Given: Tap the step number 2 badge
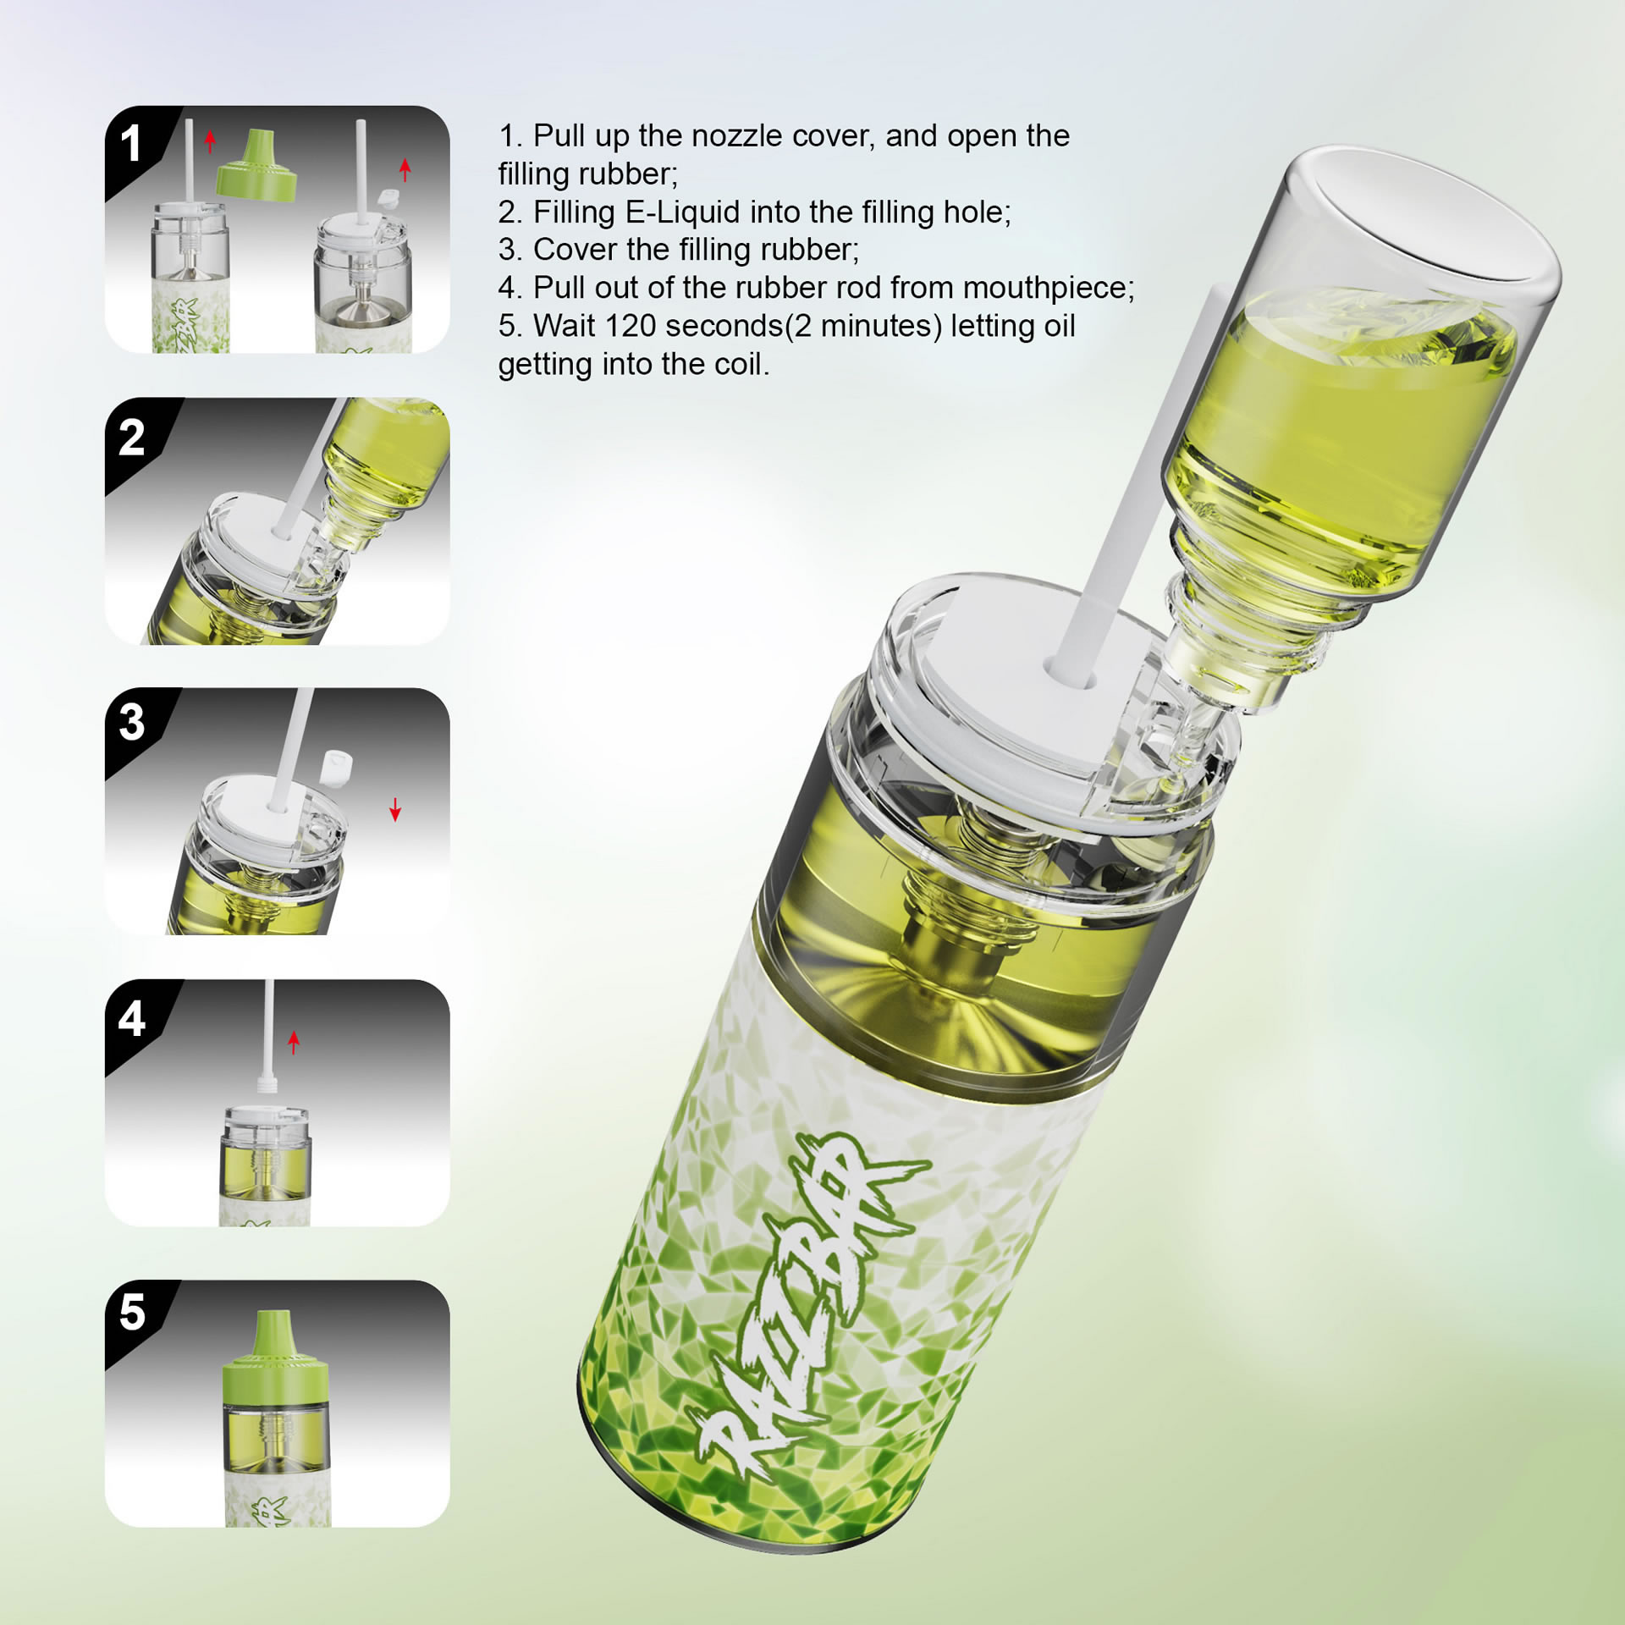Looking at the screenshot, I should (x=131, y=438).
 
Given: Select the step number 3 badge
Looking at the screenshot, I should (x=131, y=722).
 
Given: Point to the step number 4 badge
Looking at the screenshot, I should (x=131, y=1018).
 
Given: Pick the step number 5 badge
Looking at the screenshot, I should (x=131, y=1312).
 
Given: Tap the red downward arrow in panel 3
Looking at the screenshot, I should (x=395, y=809).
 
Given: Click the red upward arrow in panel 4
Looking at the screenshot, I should (x=294, y=1042).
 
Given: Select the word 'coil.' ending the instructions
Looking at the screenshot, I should (x=742, y=365).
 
